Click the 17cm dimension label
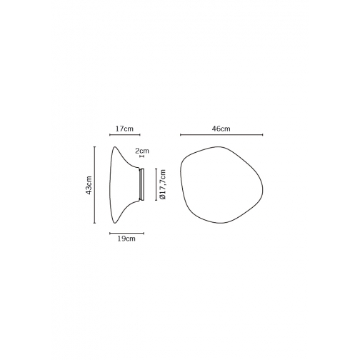[124, 129]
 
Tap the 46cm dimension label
[221, 129]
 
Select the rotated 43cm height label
[89, 185]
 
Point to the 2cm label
[142, 151]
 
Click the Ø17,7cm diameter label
[163, 184]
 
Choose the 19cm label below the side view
[126, 239]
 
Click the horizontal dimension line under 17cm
[125, 135]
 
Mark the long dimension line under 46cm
[221, 135]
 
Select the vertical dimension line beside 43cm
[94, 185]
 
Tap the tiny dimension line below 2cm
[142, 156]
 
